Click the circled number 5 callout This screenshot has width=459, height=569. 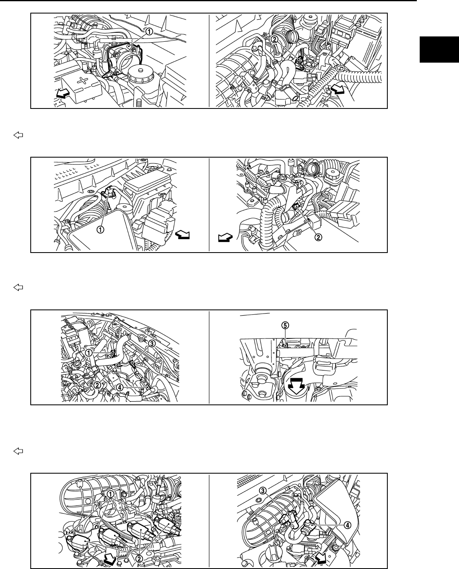285,325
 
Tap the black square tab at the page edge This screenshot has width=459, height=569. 439,50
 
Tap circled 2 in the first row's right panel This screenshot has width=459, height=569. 274,39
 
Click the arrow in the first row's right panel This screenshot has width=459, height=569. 338,89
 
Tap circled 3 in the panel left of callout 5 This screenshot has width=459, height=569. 151,343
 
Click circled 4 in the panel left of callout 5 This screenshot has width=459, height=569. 120,386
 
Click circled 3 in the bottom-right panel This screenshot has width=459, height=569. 263,490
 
